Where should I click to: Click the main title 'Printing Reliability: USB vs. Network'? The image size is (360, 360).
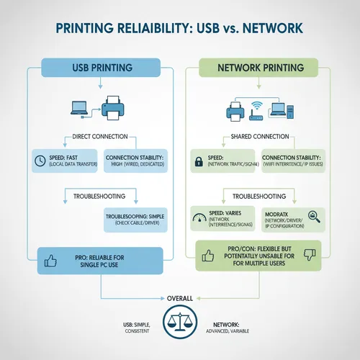(180, 30)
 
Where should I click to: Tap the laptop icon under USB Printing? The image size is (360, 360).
(79, 109)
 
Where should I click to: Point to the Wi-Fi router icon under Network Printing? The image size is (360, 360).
(255, 108)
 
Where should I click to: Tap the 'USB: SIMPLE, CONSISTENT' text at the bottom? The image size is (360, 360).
(136, 328)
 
